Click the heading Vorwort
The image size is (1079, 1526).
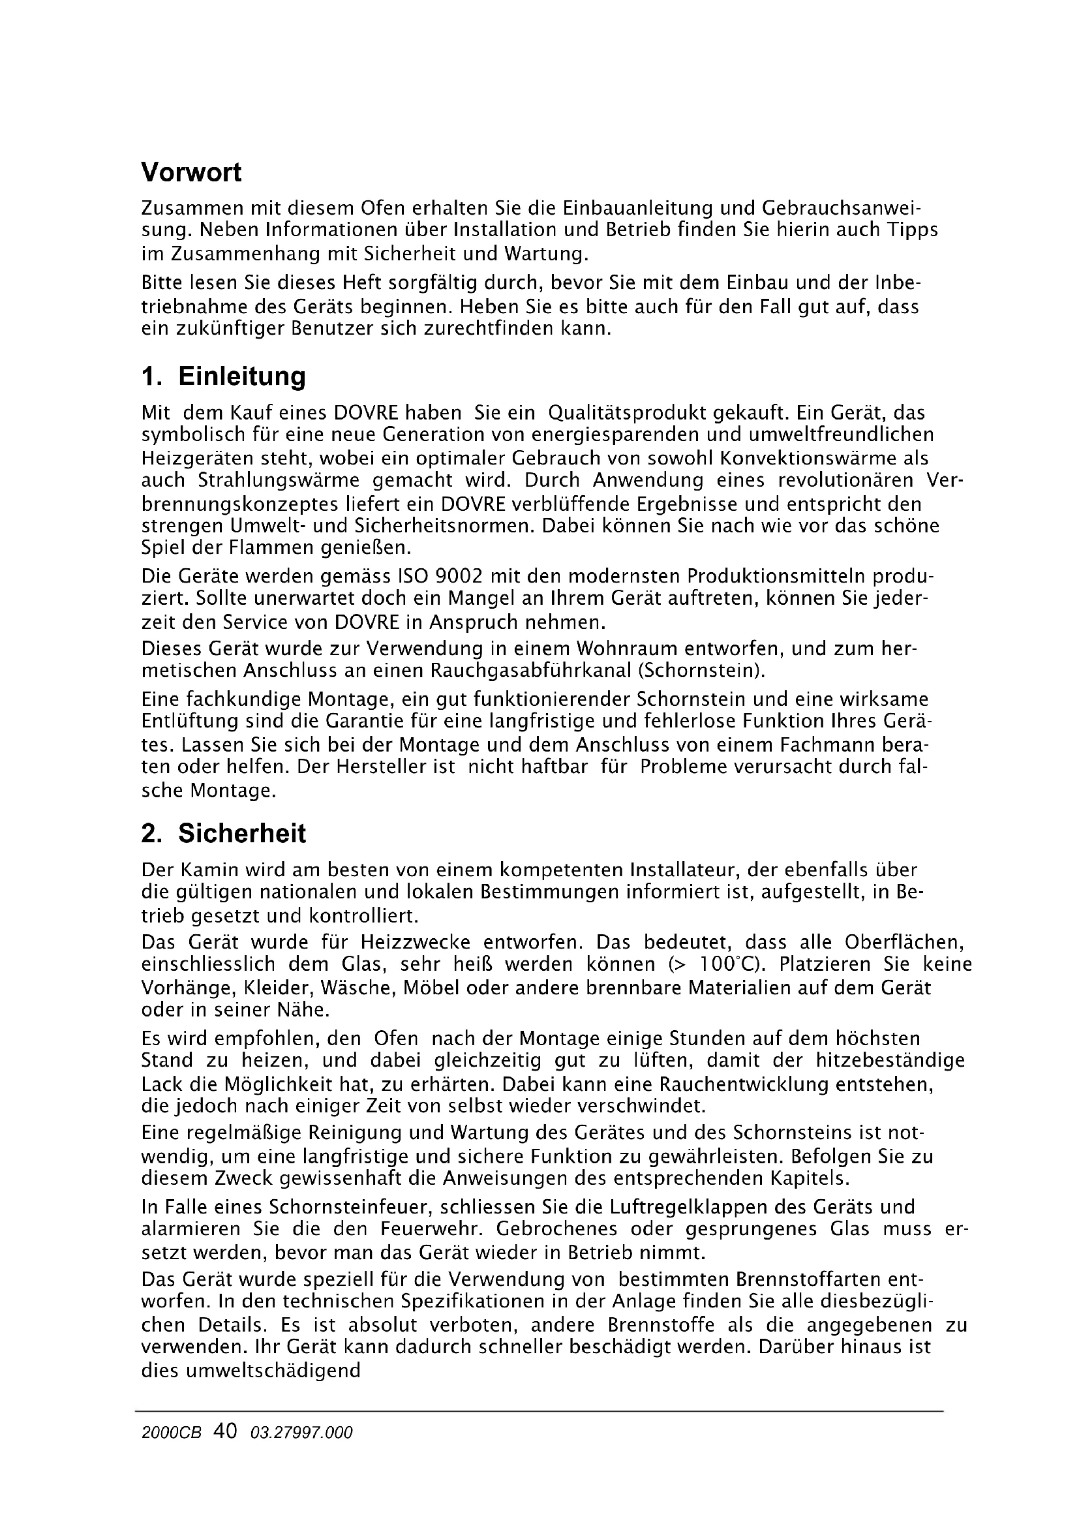pyautogui.click(x=191, y=173)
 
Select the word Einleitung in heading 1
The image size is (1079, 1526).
pyautogui.click(x=242, y=376)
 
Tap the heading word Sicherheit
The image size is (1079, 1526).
pyautogui.click(x=242, y=833)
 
